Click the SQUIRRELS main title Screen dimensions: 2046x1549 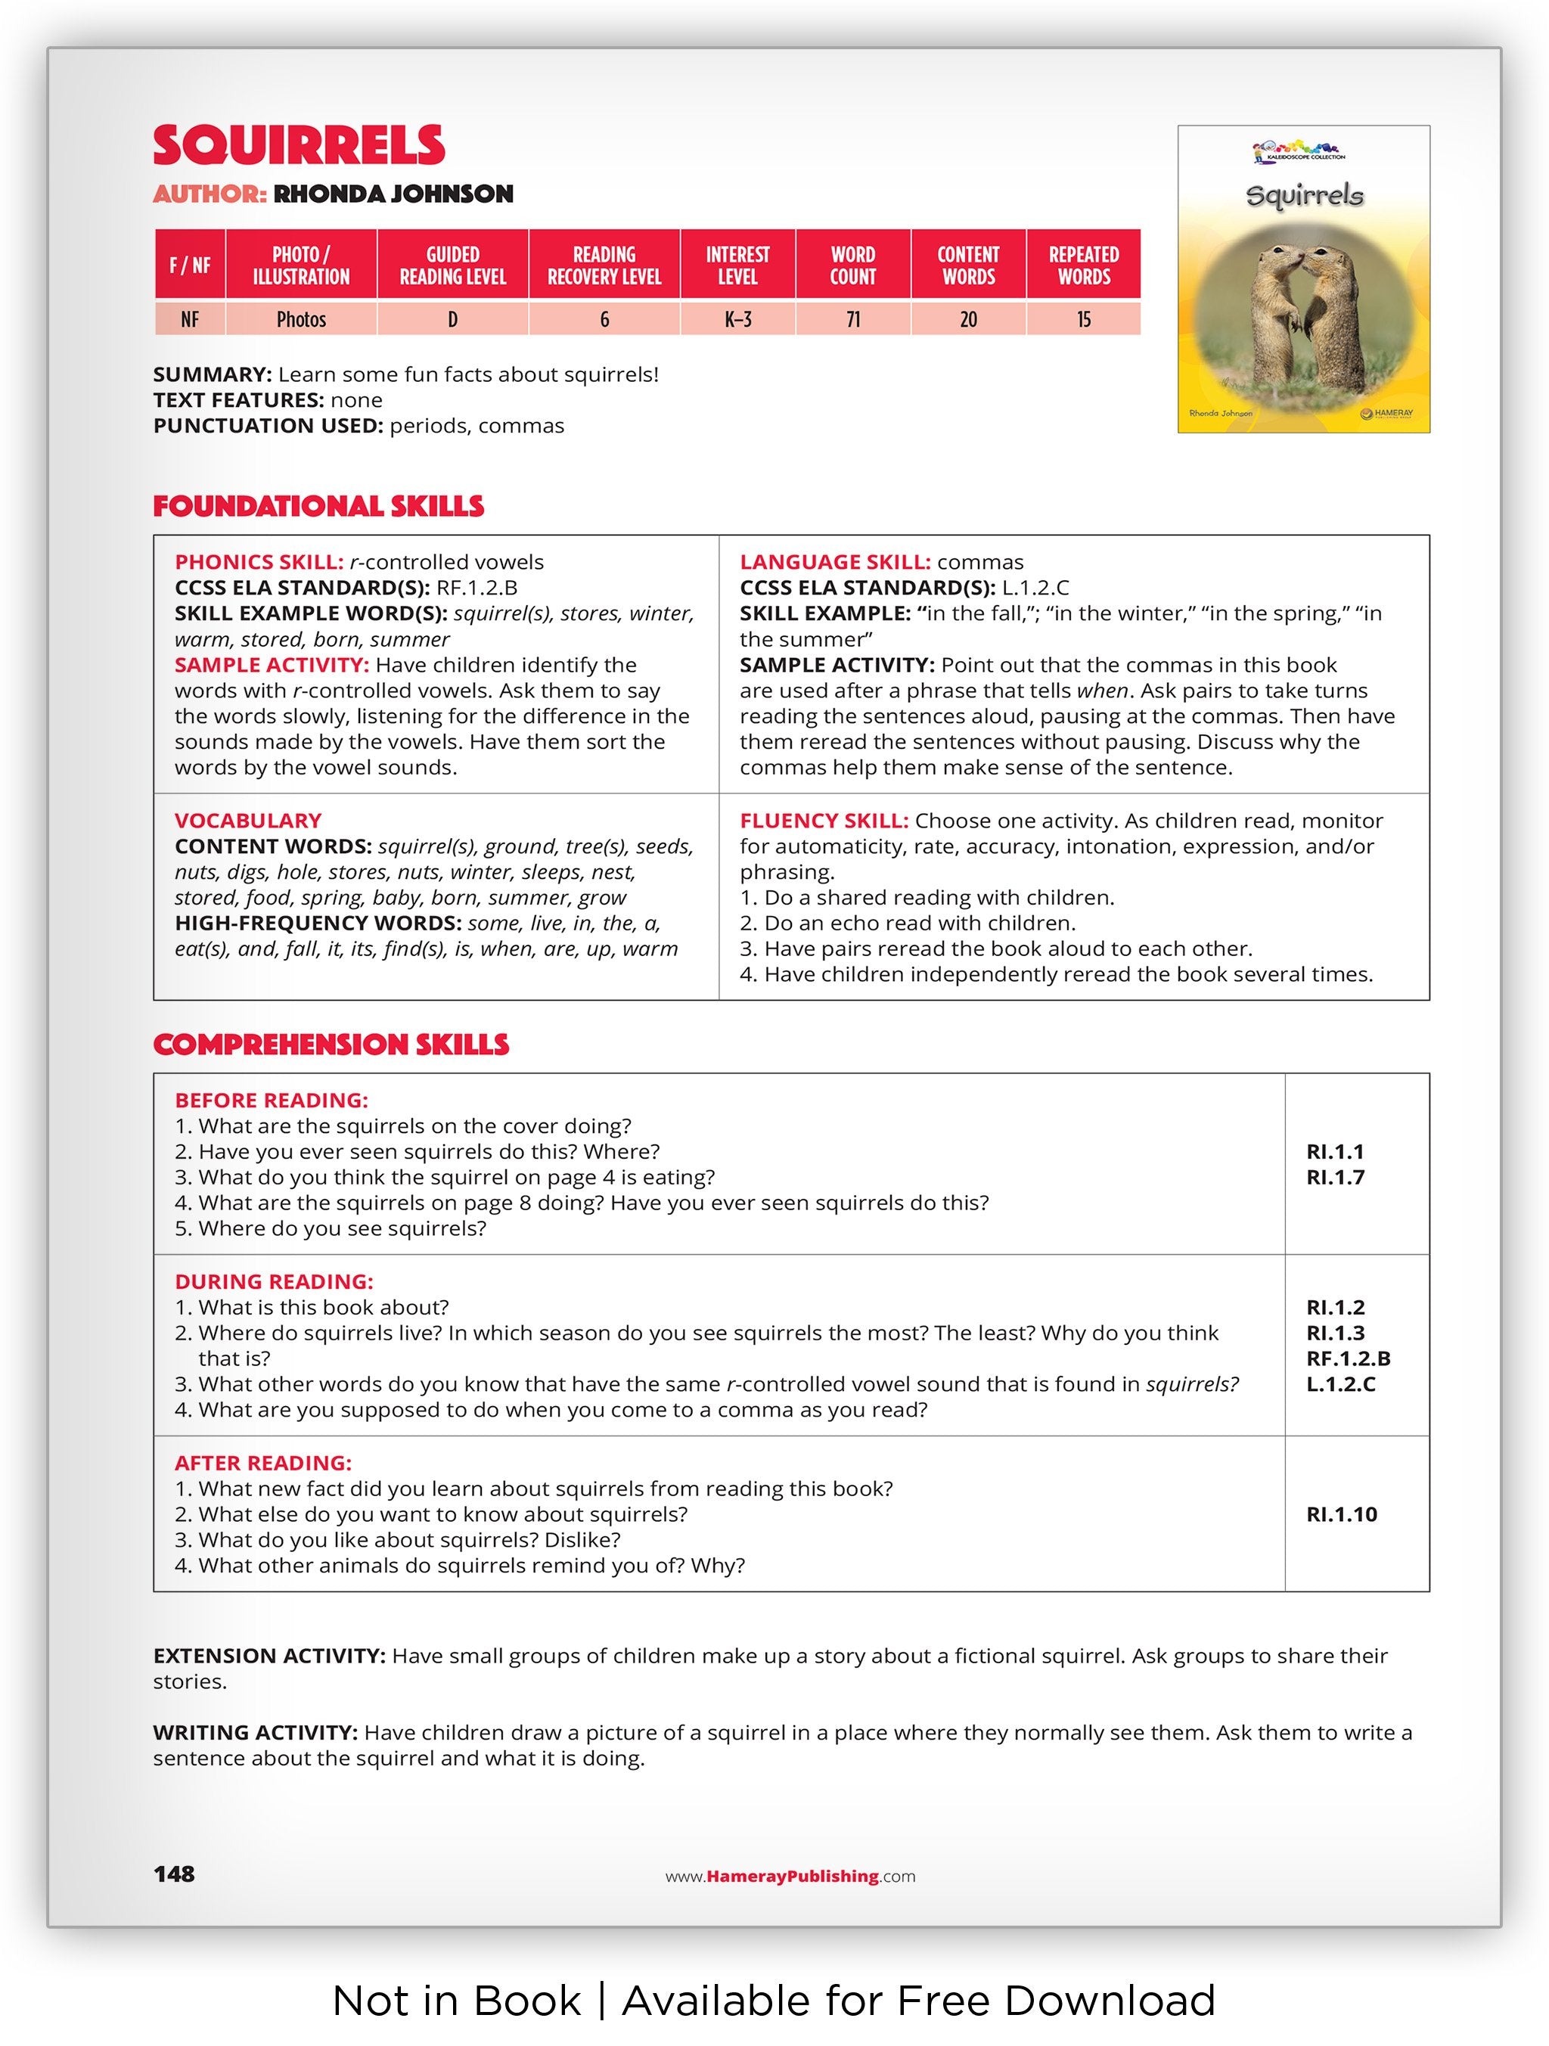coord(299,146)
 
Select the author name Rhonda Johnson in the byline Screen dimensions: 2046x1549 coord(393,194)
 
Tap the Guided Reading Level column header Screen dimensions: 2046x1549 coord(452,265)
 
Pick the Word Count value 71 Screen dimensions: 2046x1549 coord(852,320)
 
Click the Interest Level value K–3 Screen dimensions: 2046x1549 coord(737,320)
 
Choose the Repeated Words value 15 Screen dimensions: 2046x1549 coord(1083,320)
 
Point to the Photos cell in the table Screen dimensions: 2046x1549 coord(302,320)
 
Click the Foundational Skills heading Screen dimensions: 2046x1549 coord(318,507)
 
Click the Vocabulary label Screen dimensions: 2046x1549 coord(248,821)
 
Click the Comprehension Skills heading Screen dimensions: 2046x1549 coord(331,1045)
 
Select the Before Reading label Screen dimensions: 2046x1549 coord(271,1101)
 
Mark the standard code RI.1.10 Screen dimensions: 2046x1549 coord(1341,1514)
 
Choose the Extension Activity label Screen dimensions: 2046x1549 coord(269,1656)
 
